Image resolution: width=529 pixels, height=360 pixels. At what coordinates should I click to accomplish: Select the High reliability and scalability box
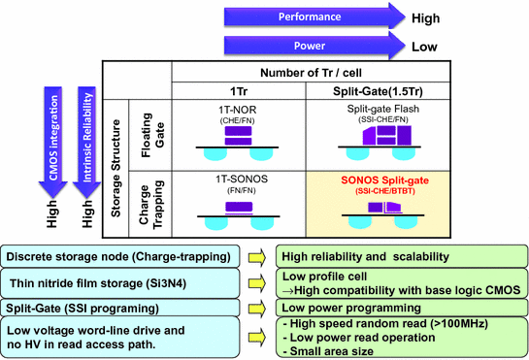pos(400,256)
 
